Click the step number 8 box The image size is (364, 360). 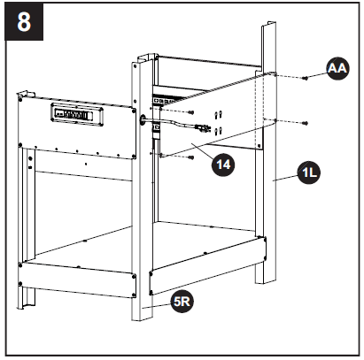click(x=23, y=21)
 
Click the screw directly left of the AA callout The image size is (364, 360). click(x=305, y=78)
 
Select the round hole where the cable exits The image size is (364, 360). click(x=142, y=118)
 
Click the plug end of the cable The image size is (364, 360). click(x=205, y=131)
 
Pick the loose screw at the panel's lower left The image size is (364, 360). click(x=190, y=156)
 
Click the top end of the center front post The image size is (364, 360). click(x=140, y=64)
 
